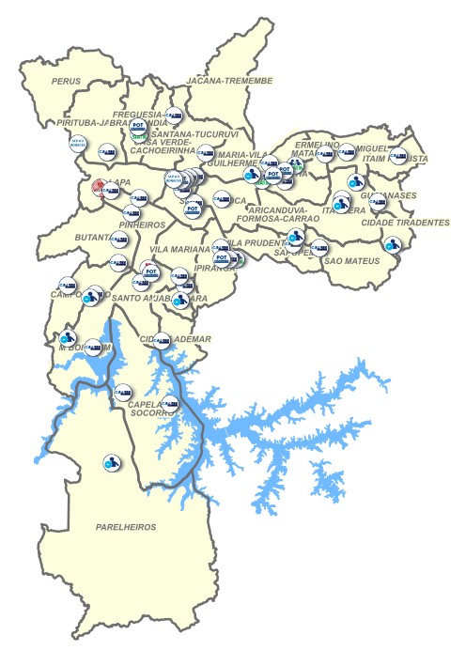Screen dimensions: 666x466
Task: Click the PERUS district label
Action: [x=68, y=83]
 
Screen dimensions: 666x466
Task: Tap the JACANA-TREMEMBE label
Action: [x=230, y=82]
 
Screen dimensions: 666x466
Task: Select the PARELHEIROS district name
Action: [x=126, y=527]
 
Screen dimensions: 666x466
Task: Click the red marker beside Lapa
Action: [x=99, y=188]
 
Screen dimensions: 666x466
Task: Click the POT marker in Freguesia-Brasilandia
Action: [x=138, y=125]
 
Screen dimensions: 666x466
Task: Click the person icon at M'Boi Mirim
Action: [x=67, y=337]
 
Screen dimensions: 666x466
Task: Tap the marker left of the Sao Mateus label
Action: [x=317, y=249]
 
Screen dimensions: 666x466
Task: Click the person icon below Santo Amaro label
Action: [x=179, y=301]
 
